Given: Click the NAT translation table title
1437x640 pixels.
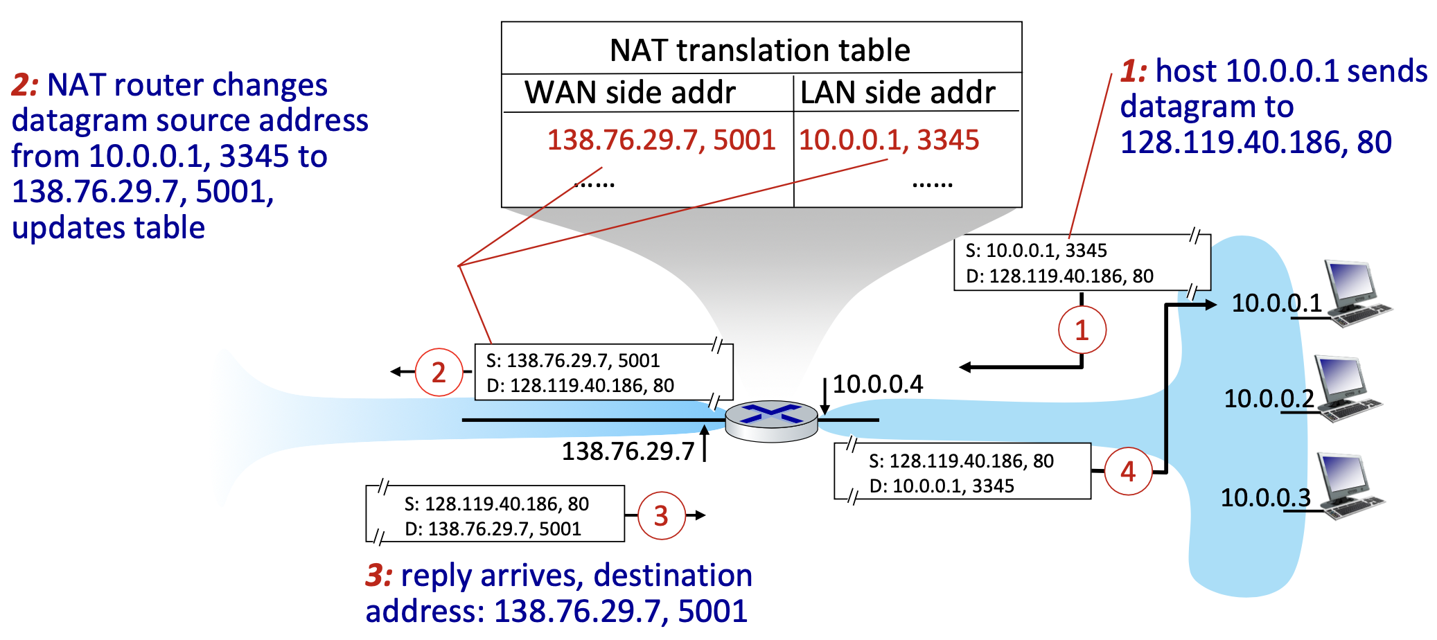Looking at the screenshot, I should click(x=759, y=50).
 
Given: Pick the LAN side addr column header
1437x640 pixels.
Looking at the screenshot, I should click(x=897, y=92).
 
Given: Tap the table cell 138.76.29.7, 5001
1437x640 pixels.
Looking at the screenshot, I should click(x=661, y=140).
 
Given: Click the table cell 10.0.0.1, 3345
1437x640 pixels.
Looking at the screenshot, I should click(x=889, y=140).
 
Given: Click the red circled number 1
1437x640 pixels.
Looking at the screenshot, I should click(x=1082, y=330).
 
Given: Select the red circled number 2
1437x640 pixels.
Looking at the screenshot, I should click(x=439, y=373).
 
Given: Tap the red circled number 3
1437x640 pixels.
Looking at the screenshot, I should click(x=661, y=515).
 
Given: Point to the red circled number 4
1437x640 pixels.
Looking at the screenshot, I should click(x=1128, y=472).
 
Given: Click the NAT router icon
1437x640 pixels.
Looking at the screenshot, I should click(x=771, y=420).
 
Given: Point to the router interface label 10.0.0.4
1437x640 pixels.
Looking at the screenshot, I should click(x=877, y=384).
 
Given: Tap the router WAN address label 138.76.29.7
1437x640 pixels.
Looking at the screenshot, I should click(x=628, y=451).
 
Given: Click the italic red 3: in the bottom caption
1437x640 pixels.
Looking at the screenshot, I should click(x=379, y=576).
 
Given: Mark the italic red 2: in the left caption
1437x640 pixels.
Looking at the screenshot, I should click(x=26, y=85).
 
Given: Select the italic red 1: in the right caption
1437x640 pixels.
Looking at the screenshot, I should click(x=1134, y=71).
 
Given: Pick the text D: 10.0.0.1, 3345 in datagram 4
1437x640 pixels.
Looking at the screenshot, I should click(x=942, y=486).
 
